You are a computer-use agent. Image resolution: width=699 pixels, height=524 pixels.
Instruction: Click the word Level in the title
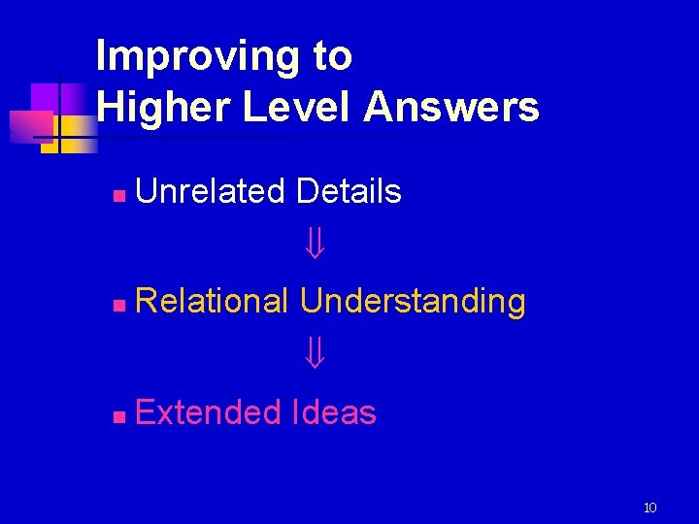coord(298,107)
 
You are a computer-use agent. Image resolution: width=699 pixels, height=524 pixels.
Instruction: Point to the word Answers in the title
coord(451,107)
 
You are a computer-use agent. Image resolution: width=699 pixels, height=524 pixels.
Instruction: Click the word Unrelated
coord(211,191)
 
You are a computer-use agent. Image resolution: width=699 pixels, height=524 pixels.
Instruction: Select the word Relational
coord(213,302)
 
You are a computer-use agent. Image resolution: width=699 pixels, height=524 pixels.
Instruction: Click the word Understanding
coord(413,302)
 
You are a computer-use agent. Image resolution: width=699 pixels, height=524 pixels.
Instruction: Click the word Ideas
coord(333,412)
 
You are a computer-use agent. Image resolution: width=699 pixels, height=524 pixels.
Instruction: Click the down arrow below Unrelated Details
coord(314,246)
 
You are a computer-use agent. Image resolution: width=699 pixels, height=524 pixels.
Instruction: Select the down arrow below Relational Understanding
coord(314,356)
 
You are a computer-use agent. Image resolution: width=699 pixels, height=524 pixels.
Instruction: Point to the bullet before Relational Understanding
coord(116,306)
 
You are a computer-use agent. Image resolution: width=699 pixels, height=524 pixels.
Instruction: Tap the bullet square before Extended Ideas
coord(116,417)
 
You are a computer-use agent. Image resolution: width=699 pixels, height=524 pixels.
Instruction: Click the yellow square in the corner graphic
coord(76,131)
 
